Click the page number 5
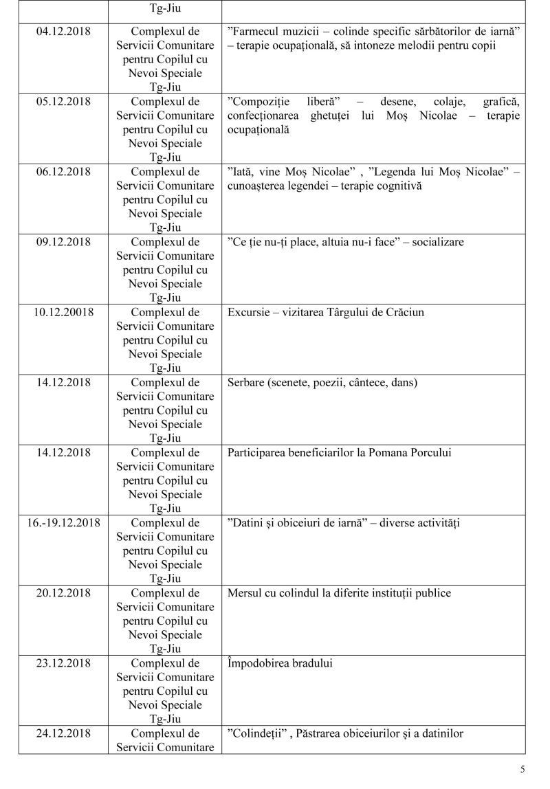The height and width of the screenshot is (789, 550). click(x=522, y=769)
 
